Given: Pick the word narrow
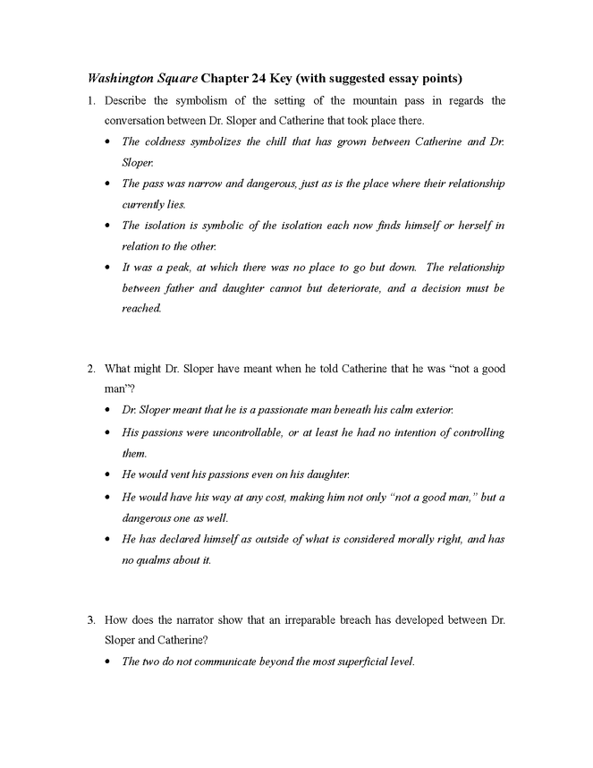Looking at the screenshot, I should (x=207, y=183).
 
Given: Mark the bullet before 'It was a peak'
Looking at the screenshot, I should (x=108, y=268).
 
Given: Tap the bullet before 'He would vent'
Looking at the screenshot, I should (x=108, y=474).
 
